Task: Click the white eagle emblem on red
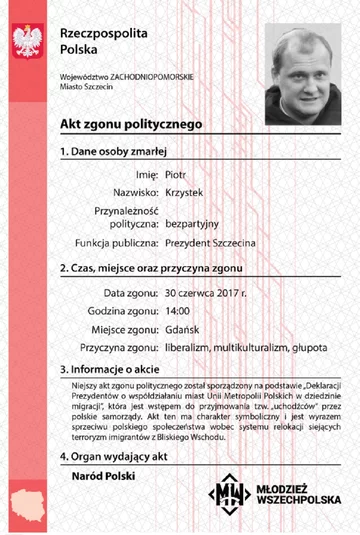pyautogui.click(x=23, y=41)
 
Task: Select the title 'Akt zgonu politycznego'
pyautogui.click(x=118, y=125)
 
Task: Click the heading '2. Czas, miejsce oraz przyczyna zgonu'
pyautogui.click(x=147, y=268)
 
